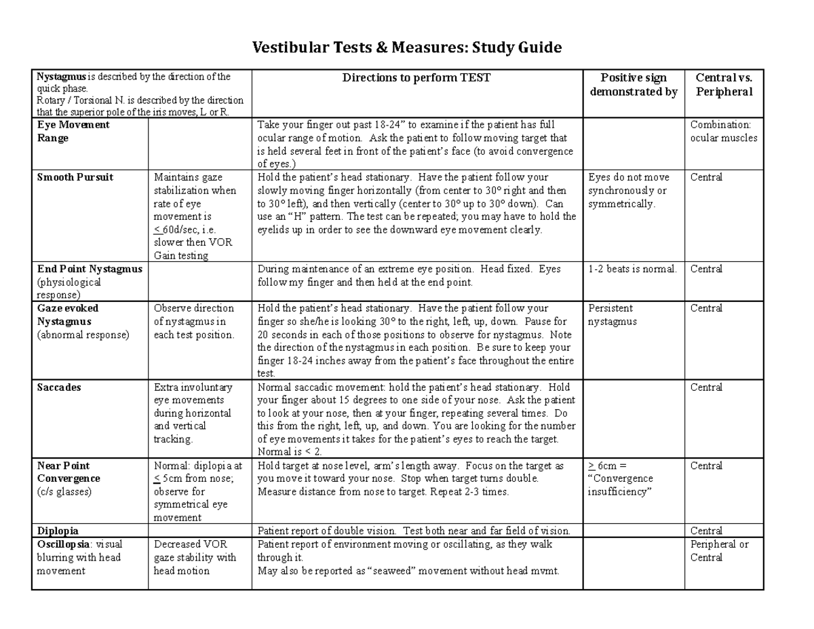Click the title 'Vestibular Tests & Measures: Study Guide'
407,48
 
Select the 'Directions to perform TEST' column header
416,78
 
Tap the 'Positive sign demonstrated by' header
633,85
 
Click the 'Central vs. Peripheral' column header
724,85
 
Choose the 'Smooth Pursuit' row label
75,177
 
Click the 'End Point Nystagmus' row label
90,269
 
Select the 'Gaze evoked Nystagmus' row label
67,315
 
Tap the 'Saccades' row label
59,387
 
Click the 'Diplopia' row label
58,531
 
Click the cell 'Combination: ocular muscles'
723,132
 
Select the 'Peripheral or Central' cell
719,551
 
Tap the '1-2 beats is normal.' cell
632,269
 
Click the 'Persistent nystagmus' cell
613,315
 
